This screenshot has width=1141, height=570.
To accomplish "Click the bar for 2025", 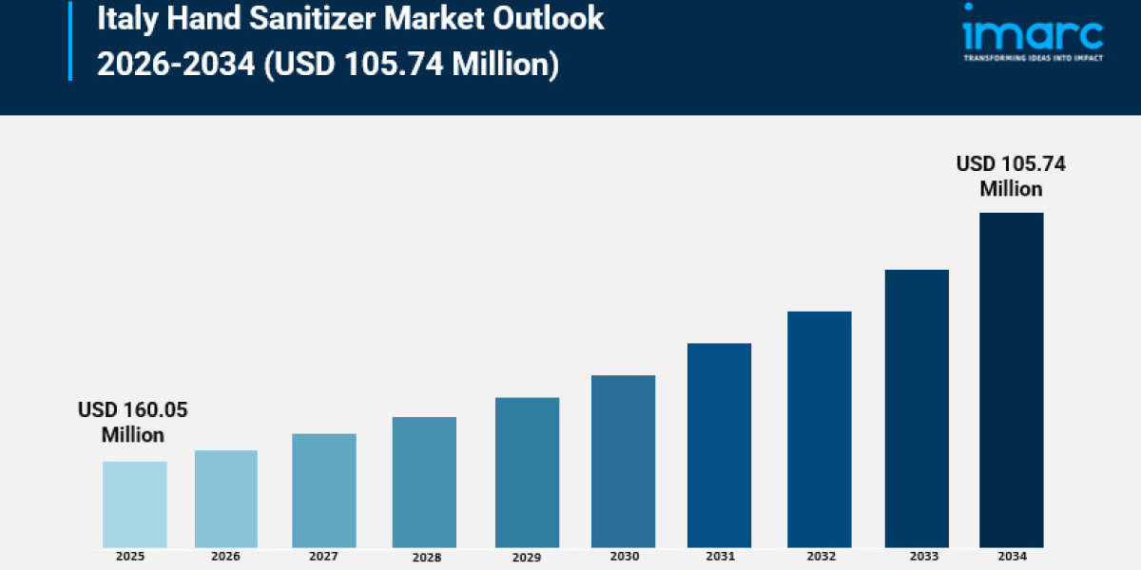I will click(x=134, y=504).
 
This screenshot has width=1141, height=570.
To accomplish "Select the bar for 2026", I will click(x=226, y=499).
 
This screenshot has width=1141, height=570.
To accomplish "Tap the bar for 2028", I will click(x=424, y=482).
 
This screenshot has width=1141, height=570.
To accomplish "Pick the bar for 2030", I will click(x=623, y=461).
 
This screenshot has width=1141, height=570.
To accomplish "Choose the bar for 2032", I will click(x=820, y=429).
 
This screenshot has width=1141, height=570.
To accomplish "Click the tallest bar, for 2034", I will click(x=1011, y=380).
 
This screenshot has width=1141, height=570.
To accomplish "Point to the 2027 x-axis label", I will click(x=323, y=556).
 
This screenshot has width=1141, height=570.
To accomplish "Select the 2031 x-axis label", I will click(x=720, y=556).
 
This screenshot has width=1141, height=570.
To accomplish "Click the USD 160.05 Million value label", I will click(x=133, y=423).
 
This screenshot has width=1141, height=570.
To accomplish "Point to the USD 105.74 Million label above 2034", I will click(x=1011, y=177).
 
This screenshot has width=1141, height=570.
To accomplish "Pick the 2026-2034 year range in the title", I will click(x=175, y=66).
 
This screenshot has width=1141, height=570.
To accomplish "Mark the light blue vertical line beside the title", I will click(x=70, y=40).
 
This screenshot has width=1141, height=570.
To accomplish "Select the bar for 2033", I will click(x=917, y=408).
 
